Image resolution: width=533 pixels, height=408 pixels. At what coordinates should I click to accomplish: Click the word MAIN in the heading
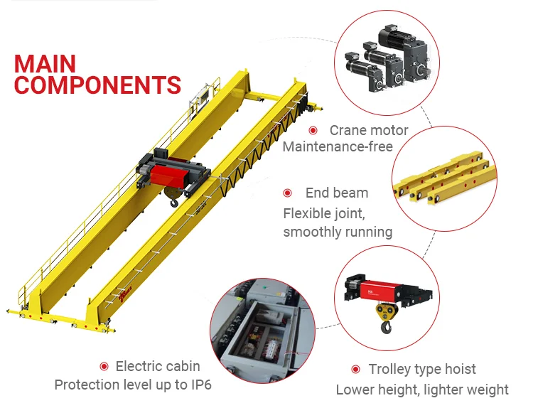pyautogui.click(x=44, y=64)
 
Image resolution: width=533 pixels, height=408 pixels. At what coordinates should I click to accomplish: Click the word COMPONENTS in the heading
pyautogui.click(x=97, y=86)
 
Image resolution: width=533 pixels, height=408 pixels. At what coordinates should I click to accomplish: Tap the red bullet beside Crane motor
pyautogui.click(x=313, y=130)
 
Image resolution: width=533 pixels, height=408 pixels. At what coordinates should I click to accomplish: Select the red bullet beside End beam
pyautogui.click(x=288, y=193)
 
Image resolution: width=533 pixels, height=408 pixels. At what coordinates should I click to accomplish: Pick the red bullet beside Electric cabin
pyautogui.click(x=104, y=366)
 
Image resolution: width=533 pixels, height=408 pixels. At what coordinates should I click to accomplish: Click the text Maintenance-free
pyautogui.click(x=338, y=147)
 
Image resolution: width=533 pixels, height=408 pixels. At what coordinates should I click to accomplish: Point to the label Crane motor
pyautogui.click(x=369, y=130)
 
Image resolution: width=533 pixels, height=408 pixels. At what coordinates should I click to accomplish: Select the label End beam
pyautogui.click(x=337, y=193)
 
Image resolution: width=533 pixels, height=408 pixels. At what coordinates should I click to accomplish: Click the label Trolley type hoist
pyautogui.click(x=422, y=369)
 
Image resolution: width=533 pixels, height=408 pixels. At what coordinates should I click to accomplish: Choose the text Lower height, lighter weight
pyautogui.click(x=422, y=390)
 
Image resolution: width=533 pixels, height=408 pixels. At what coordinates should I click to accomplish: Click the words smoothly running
pyautogui.click(x=338, y=232)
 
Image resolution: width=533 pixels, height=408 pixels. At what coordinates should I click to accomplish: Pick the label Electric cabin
pyautogui.click(x=158, y=366)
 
